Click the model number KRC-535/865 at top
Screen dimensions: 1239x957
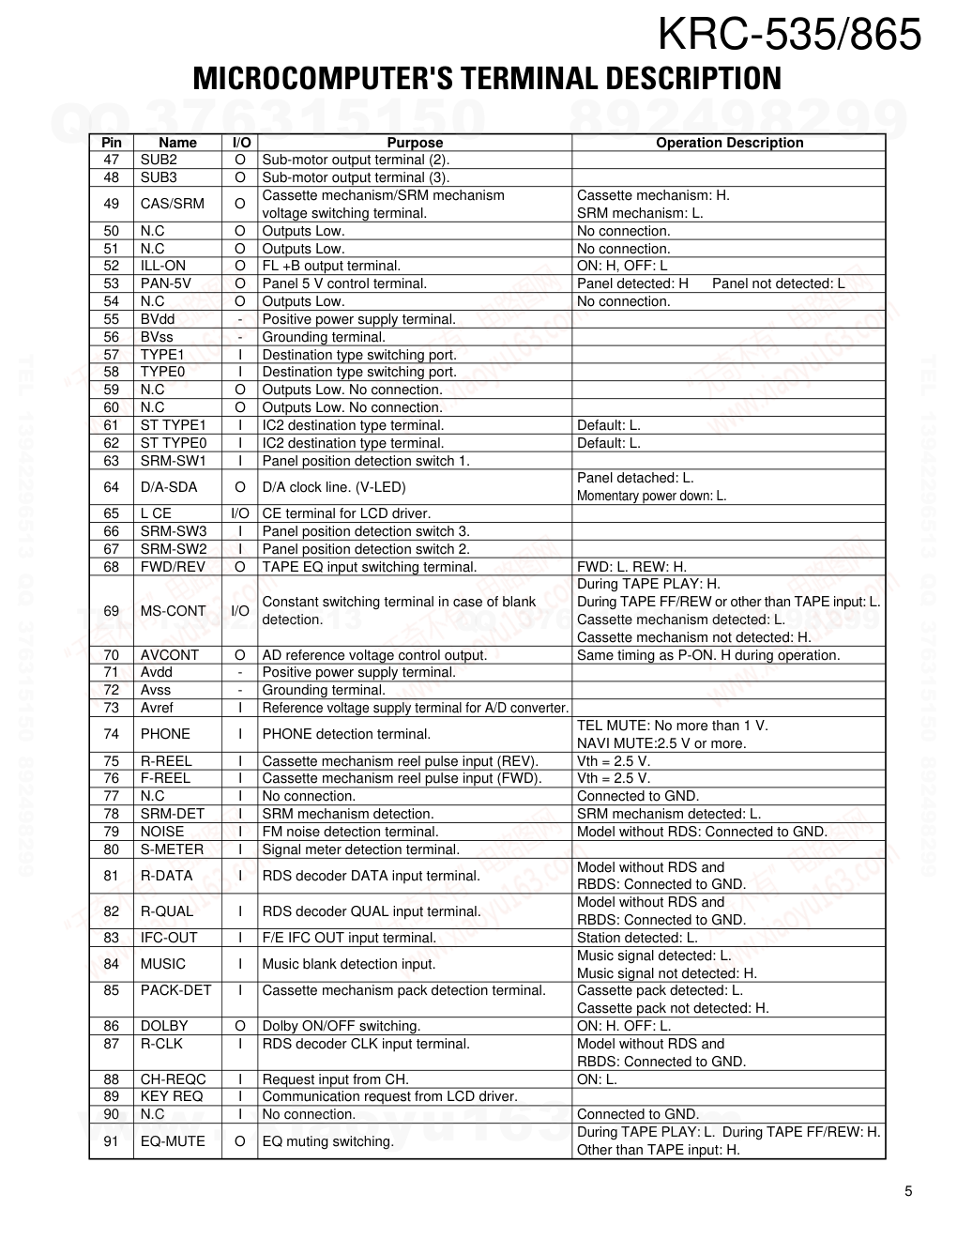click(789, 36)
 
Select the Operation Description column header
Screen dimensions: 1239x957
click(729, 143)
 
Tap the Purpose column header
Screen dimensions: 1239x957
click(414, 143)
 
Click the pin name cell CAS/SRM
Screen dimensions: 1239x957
click(172, 204)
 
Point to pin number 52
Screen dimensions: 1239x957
click(112, 266)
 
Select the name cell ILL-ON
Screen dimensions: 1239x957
click(163, 266)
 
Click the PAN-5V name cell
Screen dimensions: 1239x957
click(166, 283)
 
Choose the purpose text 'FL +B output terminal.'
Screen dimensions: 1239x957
click(331, 266)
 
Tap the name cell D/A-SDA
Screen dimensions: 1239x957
click(169, 487)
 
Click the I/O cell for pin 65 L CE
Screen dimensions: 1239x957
click(240, 513)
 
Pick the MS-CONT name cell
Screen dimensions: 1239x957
click(173, 611)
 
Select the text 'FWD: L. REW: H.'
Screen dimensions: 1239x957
click(631, 567)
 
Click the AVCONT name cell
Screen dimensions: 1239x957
click(170, 655)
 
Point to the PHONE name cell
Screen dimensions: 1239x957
click(165, 734)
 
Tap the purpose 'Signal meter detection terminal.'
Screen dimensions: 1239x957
click(360, 849)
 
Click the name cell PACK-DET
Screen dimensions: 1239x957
click(176, 990)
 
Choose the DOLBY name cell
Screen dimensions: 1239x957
click(164, 1026)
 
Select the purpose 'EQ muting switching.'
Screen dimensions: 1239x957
click(327, 1141)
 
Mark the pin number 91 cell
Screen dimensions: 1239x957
click(112, 1141)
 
